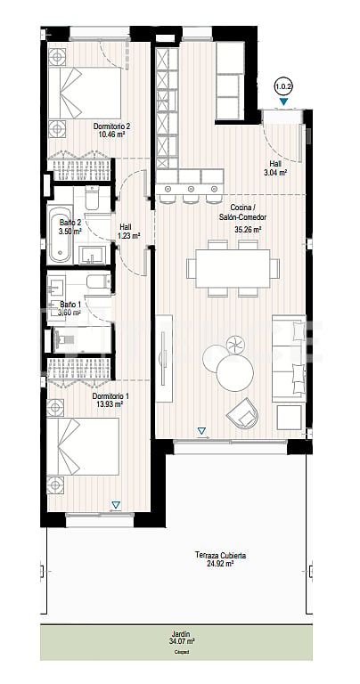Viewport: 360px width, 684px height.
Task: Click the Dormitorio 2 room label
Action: click(x=112, y=126)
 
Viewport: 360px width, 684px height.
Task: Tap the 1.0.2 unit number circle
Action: click(x=283, y=86)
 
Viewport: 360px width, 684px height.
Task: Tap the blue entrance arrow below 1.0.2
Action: click(x=283, y=102)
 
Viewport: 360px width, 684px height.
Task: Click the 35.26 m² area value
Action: click(x=246, y=229)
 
